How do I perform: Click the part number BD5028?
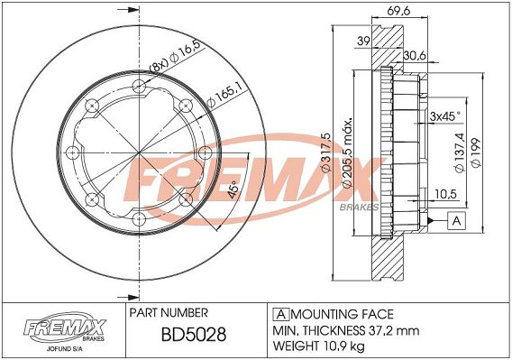(x=194, y=334)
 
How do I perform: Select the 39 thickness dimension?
(x=363, y=42)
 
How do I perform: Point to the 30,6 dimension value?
(x=415, y=56)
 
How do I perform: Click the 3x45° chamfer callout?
(x=445, y=116)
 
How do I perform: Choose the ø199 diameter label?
(x=476, y=153)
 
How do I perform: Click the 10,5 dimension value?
(x=445, y=194)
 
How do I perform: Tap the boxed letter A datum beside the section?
(x=456, y=221)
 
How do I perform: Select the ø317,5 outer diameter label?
(x=326, y=152)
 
